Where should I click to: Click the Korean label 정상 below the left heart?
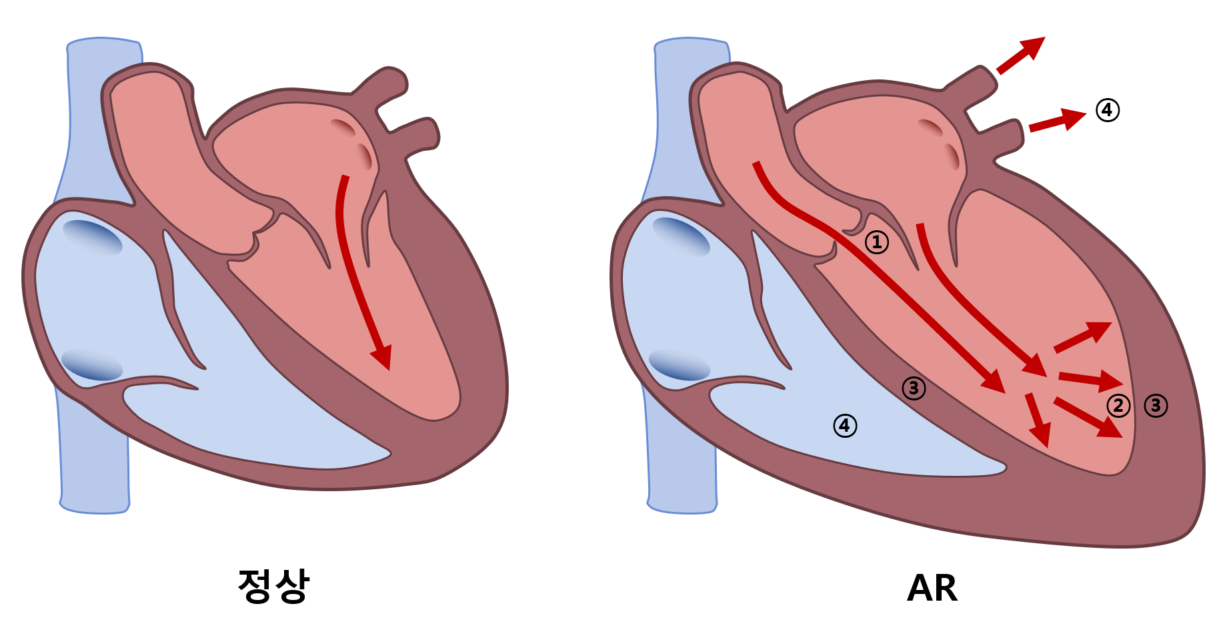point(273,587)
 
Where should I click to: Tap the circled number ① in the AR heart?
point(877,242)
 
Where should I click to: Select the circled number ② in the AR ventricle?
point(1118,405)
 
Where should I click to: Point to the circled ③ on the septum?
point(914,388)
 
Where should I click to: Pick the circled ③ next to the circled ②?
point(1156,405)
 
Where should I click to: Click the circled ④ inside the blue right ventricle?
point(845,425)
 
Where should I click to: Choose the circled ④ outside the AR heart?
point(1108,109)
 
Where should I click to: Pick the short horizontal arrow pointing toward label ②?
point(1090,380)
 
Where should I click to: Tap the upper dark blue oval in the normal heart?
point(93,237)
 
